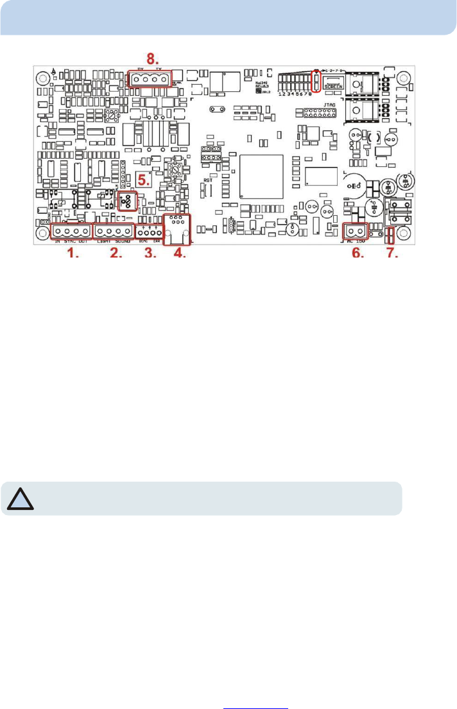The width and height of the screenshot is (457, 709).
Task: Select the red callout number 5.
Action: (x=144, y=180)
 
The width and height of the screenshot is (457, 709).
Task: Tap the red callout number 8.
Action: (x=153, y=64)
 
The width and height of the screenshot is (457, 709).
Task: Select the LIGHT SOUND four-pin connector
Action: (x=114, y=231)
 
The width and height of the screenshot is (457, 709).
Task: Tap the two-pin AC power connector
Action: (x=355, y=231)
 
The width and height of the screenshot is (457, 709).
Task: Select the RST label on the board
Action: (x=207, y=181)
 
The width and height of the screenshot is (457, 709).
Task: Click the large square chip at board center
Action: (x=261, y=177)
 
